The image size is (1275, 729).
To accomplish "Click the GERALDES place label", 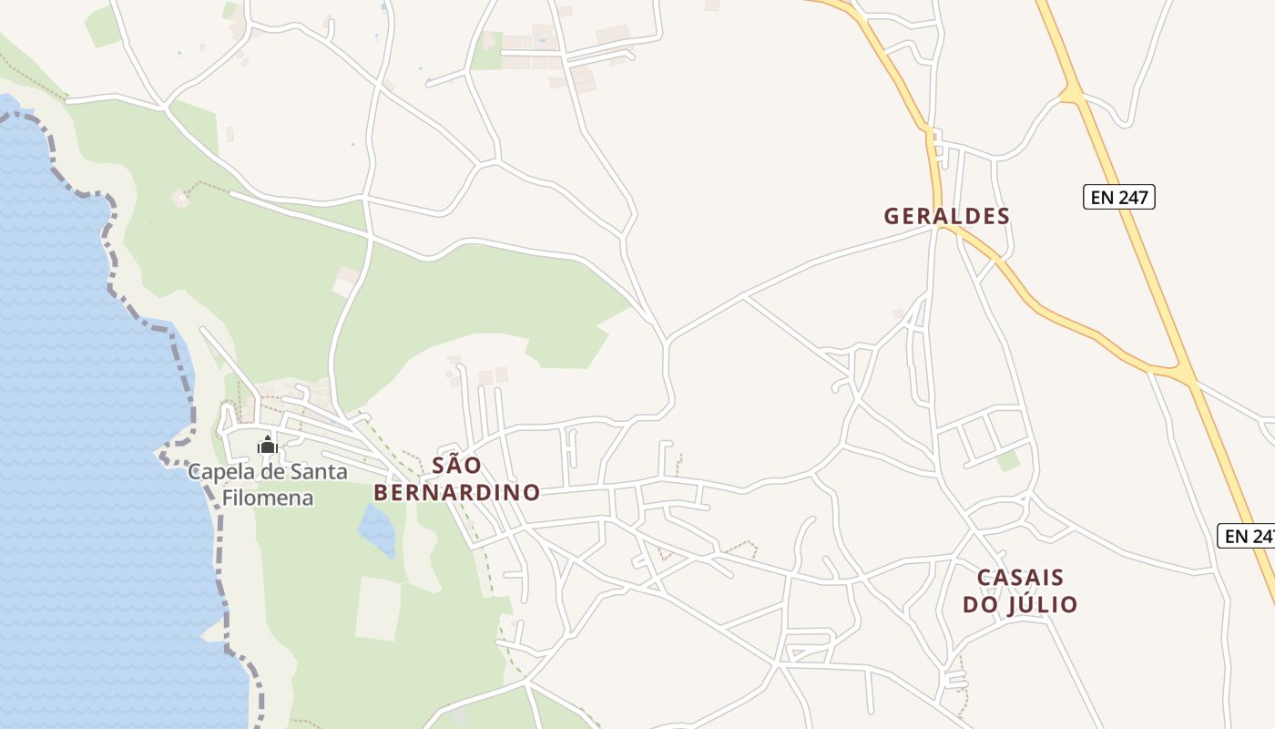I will pyautogui.click(x=947, y=216).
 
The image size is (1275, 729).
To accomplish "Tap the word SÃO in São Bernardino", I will pyautogui.click(x=456, y=466).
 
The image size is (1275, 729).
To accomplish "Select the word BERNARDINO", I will pyautogui.click(x=457, y=493).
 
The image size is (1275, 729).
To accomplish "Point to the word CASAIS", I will pyautogui.click(x=1020, y=578).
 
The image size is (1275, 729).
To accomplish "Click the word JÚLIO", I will pyautogui.click(x=1044, y=604).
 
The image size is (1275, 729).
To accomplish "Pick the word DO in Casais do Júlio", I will pyautogui.click(x=981, y=604).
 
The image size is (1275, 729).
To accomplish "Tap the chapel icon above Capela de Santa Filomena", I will pyautogui.click(x=267, y=446).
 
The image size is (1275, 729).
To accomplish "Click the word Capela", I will pyautogui.click(x=219, y=472).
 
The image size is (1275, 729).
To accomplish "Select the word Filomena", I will pyautogui.click(x=268, y=498).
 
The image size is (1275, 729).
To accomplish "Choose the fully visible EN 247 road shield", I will pyautogui.click(x=1118, y=197).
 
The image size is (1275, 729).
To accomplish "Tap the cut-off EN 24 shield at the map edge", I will pyautogui.click(x=1246, y=536).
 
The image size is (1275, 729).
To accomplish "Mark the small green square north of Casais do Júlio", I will pyautogui.click(x=1008, y=461).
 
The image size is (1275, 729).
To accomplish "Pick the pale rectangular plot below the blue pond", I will pyautogui.click(x=378, y=608).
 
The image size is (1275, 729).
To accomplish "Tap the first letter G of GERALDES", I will pyautogui.click(x=892, y=216).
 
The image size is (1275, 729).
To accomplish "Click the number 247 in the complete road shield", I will pyautogui.click(x=1133, y=197).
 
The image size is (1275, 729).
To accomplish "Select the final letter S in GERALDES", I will pyautogui.click(x=1003, y=216).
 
